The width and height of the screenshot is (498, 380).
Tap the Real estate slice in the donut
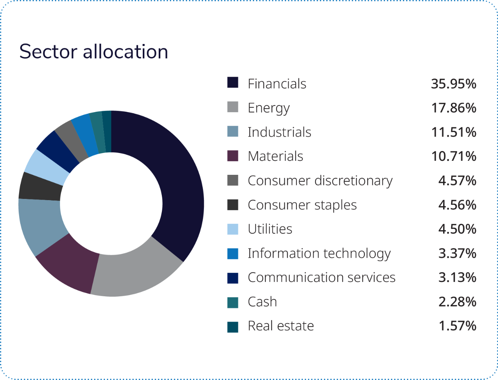(x=107, y=131)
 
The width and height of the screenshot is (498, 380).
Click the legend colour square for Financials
(x=233, y=83)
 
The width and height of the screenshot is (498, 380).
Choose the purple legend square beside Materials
(x=233, y=156)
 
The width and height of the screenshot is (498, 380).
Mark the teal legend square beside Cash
(x=233, y=301)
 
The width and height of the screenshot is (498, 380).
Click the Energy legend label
(x=268, y=108)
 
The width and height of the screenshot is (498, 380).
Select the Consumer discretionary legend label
(x=320, y=181)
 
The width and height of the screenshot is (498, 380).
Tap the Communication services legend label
(x=321, y=277)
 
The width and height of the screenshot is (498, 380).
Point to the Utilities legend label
(x=270, y=229)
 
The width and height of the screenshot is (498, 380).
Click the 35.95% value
(x=453, y=84)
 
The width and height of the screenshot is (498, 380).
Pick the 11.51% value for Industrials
(x=453, y=132)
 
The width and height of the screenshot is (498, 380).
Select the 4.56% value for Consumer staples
(x=457, y=205)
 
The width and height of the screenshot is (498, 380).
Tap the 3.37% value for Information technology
(x=457, y=253)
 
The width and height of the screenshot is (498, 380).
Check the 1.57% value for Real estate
(x=457, y=326)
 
